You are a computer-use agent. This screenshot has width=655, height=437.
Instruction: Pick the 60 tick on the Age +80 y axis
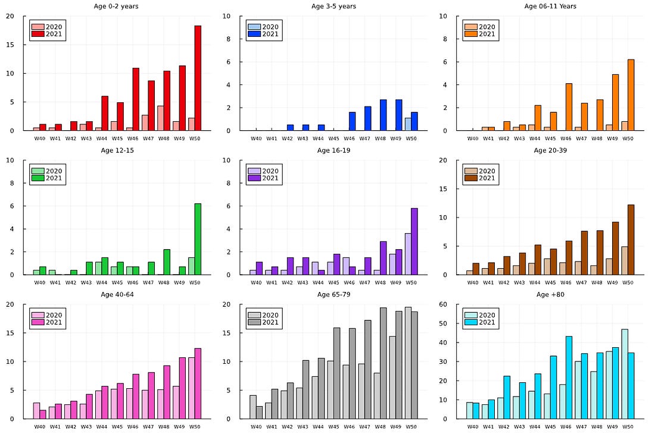[x=445, y=304]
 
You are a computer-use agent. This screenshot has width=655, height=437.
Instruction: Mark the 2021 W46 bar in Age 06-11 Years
[x=569, y=106]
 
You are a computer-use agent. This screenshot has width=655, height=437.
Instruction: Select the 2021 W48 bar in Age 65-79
[x=383, y=363]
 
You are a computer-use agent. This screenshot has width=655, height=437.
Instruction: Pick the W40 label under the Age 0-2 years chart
[x=39, y=139]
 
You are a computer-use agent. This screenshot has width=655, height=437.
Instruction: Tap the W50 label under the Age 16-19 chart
[x=411, y=283]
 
